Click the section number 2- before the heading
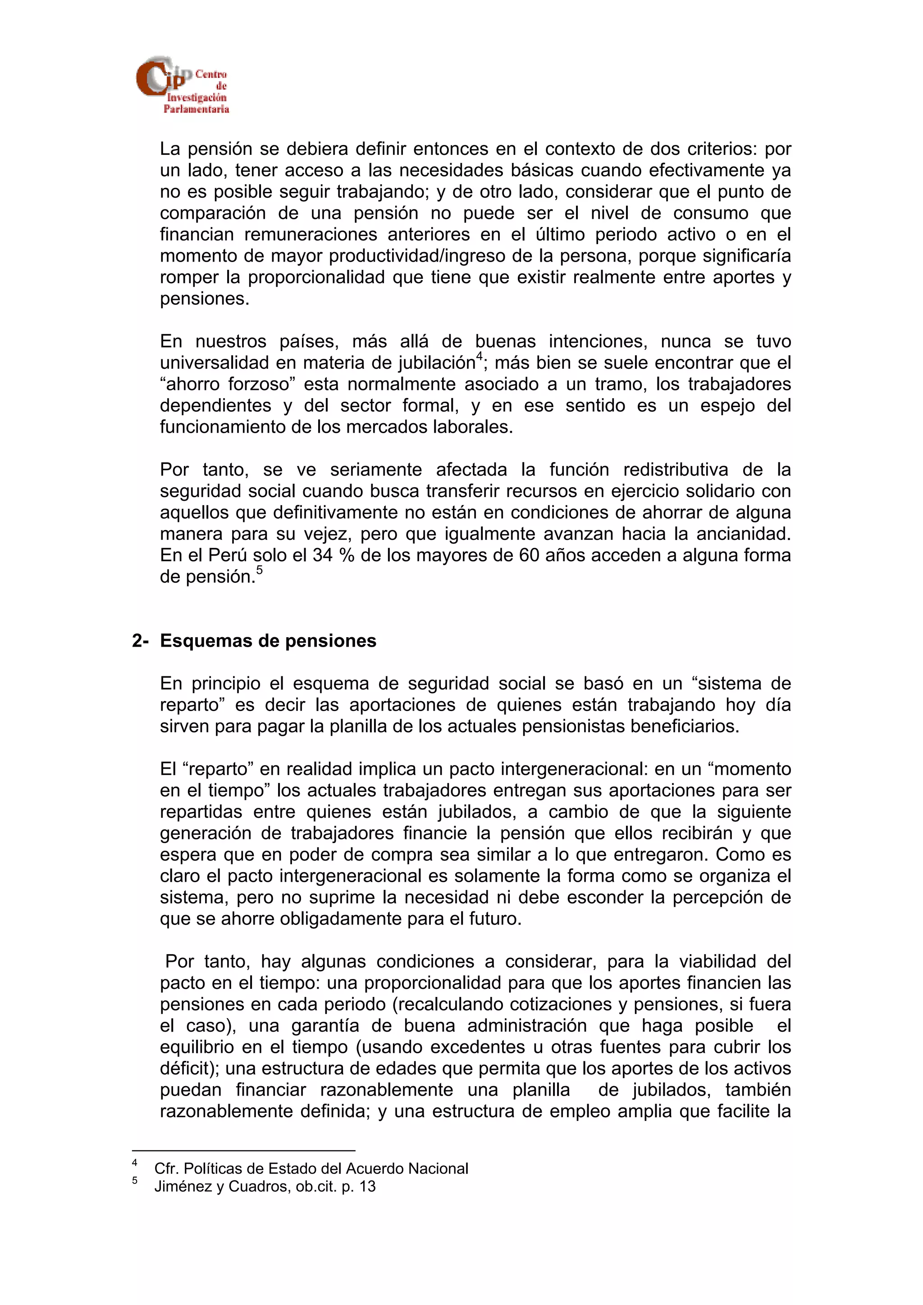(140, 640)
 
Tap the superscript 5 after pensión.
(259, 570)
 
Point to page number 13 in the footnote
(367, 1186)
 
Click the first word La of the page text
(170, 149)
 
